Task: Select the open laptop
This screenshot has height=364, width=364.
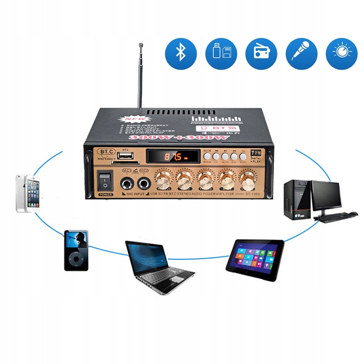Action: pyautogui.click(x=158, y=265)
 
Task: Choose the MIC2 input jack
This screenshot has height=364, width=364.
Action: pyautogui.click(x=144, y=183)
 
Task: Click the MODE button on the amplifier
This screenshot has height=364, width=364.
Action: pyautogui.click(x=208, y=156)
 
